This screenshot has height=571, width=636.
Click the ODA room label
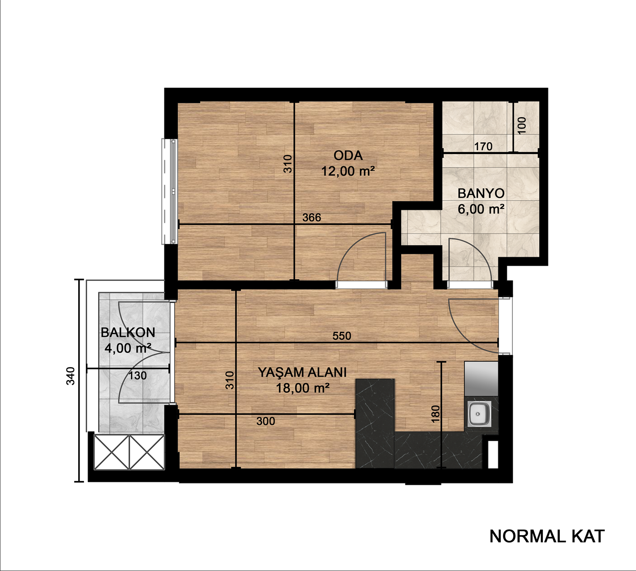click(348, 155)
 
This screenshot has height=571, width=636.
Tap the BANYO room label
click(481, 194)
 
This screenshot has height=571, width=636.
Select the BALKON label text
click(128, 333)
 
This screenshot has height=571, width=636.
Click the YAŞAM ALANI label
click(302, 372)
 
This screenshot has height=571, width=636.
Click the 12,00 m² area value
click(348, 171)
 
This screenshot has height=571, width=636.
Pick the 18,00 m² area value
click(302, 388)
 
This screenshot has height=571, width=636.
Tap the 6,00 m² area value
click(481, 209)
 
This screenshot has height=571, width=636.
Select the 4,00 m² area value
click(128, 348)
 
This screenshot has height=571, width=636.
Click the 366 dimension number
click(312, 217)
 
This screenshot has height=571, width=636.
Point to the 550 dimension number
click(342, 336)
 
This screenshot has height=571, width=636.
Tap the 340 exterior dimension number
click(70, 376)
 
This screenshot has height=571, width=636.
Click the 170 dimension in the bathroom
click(483, 146)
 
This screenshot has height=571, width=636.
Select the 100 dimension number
click(522, 125)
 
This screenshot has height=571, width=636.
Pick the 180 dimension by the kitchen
click(436, 414)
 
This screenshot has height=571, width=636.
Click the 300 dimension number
click(266, 421)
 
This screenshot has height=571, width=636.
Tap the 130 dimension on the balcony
click(138, 375)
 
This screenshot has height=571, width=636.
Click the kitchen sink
click(479, 414)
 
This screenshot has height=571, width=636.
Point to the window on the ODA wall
click(170, 191)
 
